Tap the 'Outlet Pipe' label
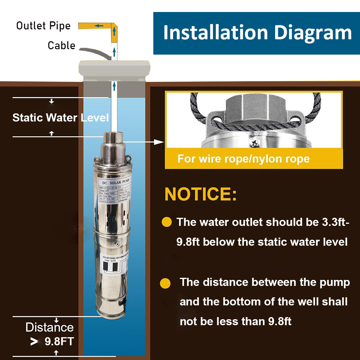coord(43,26)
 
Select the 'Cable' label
coord(61,46)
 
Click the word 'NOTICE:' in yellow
coord(201,194)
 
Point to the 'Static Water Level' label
coord(60,118)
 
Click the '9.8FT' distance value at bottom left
coord(59,341)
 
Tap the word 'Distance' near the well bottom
coord(49,327)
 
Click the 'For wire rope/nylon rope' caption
coord(243,159)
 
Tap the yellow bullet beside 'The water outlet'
coord(166,222)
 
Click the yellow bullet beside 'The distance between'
coord(165,283)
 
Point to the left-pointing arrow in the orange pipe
coord(98,26)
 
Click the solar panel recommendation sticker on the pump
coord(113,264)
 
